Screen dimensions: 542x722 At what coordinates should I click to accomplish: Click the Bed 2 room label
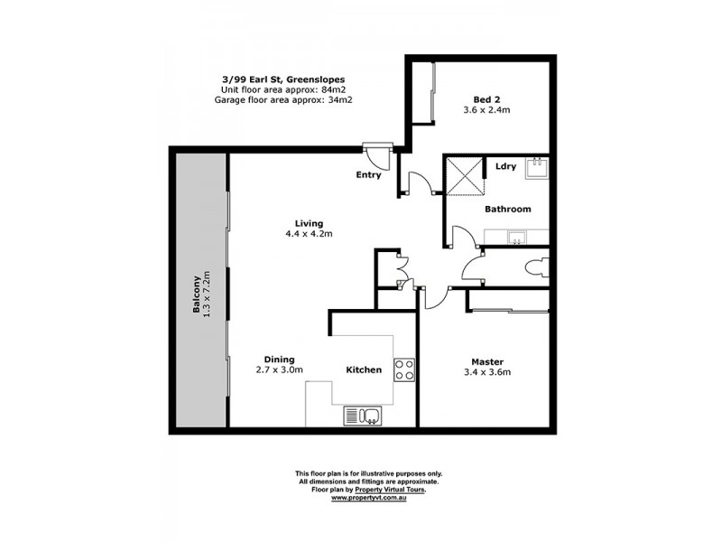(x=488, y=101)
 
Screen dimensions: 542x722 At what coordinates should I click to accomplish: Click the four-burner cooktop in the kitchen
(x=404, y=369)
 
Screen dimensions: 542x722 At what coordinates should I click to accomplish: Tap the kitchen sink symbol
(x=363, y=416)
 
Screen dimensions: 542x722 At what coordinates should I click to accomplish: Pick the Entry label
(x=368, y=174)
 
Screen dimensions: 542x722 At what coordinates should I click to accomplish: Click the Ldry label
(x=505, y=165)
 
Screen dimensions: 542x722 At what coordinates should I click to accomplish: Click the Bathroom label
(x=508, y=209)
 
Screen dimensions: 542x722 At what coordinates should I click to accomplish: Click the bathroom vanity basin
(x=518, y=238)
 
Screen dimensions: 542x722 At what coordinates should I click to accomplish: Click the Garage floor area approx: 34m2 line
(x=282, y=100)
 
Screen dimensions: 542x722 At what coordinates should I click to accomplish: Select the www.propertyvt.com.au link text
(x=369, y=498)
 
